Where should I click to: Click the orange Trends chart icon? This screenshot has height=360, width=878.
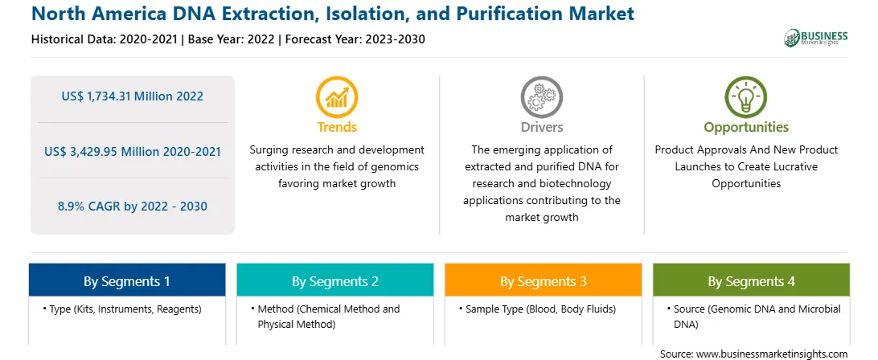coord(337,96)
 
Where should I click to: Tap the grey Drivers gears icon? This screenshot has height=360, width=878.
coord(541,96)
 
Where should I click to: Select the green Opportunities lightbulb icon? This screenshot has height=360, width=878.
coord(746,96)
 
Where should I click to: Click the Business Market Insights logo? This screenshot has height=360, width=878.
coord(816,38)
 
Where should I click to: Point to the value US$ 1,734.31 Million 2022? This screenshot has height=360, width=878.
coord(132,96)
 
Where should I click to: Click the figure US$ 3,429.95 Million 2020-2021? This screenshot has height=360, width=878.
coord(132,151)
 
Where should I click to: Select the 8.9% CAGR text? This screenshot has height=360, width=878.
coord(132,206)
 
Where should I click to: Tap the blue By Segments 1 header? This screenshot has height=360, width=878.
coord(127,280)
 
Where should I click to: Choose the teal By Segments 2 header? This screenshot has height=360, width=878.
coord(334,280)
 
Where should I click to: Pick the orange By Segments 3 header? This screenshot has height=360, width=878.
coord(544,280)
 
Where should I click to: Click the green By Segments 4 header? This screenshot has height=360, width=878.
coord(752,280)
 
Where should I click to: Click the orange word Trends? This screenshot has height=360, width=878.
coord(337,127)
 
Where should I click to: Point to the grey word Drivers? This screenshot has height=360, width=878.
coord(542,127)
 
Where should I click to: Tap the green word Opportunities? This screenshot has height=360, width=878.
coord(746,128)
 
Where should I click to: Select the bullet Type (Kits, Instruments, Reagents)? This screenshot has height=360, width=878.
coord(121,309)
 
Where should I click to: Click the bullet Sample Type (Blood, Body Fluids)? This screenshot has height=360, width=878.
coord(537,309)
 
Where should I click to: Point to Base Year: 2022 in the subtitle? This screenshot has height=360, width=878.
coord(232,39)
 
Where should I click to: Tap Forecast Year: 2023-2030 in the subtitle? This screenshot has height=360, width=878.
coord(354,39)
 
